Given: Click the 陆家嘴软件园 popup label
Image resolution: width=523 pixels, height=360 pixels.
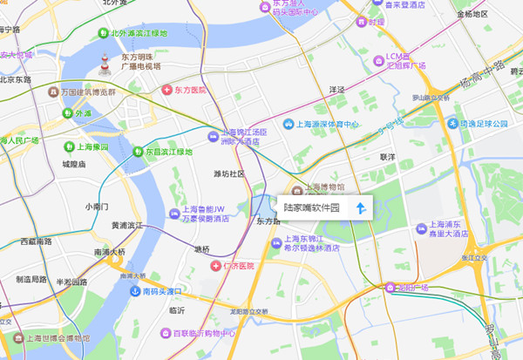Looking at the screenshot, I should pos(310,208).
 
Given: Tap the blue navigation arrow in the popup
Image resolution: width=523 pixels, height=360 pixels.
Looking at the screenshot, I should pos(360,208).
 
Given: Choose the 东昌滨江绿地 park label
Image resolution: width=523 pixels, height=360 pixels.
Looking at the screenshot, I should pos(167,152).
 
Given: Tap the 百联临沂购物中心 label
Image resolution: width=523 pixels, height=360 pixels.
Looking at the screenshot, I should pos(207,333).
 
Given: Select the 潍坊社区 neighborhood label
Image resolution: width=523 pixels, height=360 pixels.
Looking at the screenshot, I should pos(229,173).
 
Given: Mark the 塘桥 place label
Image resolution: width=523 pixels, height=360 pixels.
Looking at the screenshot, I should pos(202,249).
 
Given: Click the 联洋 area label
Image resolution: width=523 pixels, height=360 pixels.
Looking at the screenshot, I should pos(388,157).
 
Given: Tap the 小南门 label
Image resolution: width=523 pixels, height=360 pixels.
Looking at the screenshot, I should pos(96,207).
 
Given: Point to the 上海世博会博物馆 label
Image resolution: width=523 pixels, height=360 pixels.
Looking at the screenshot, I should pos(56,337).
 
